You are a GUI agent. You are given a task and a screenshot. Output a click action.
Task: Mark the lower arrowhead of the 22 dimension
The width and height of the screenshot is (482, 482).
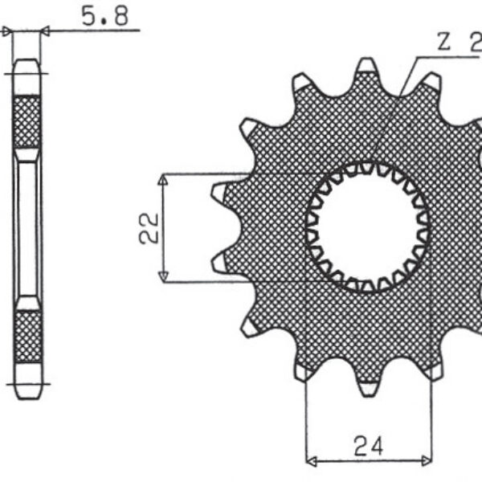(x=163, y=276)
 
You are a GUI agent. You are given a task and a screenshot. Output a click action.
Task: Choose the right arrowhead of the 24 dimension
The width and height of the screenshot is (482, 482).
(x=427, y=462)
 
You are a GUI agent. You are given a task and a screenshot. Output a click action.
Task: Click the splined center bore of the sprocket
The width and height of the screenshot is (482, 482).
(x=368, y=227)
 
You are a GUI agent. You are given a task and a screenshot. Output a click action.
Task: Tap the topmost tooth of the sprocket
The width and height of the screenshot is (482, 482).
(x=368, y=67)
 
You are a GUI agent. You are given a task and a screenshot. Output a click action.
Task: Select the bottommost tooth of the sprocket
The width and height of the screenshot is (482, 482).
(x=368, y=387)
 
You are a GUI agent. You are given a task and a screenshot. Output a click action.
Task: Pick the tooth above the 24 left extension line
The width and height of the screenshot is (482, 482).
(x=304, y=370)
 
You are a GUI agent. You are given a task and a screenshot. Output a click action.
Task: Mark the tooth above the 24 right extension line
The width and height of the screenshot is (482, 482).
(x=433, y=370)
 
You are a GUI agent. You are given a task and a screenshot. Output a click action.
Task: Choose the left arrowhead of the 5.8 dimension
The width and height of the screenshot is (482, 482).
(x=9, y=32)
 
